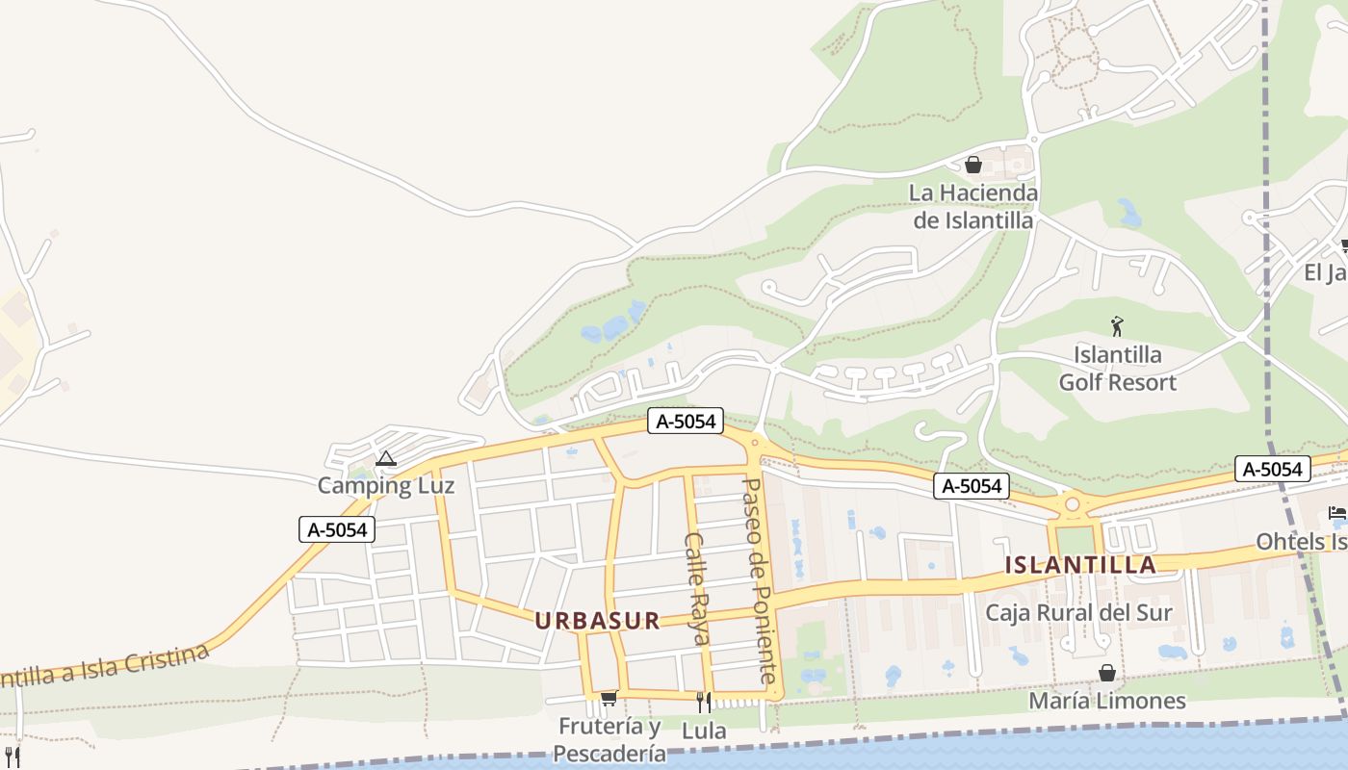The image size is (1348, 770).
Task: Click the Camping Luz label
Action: point(385,485)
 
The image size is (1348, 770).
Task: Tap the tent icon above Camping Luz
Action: point(386,459)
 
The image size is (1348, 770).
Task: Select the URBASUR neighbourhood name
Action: point(598,621)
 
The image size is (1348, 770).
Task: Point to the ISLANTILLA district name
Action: point(1080,565)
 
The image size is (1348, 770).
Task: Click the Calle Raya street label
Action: point(696,587)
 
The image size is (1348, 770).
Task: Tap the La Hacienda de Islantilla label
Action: point(972,207)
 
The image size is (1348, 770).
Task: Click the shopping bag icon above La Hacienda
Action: point(972,165)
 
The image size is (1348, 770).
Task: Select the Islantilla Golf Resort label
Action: point(1117,369)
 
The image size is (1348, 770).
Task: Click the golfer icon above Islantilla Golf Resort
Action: point(1117,327)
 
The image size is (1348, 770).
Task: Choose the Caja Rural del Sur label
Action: point(1078,612)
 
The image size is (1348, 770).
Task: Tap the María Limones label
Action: point(1107,701)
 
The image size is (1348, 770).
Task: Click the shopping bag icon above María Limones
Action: point(1107,673)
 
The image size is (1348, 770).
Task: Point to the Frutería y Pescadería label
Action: point(610,739)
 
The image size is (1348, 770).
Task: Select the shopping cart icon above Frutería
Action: point(608,698)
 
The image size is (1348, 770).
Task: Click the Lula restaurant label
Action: point(704,731)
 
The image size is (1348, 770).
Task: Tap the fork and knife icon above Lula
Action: point(704,702)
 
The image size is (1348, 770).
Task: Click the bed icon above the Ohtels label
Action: point(1336,512)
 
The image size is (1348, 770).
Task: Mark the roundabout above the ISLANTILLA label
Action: point(1072,503)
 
